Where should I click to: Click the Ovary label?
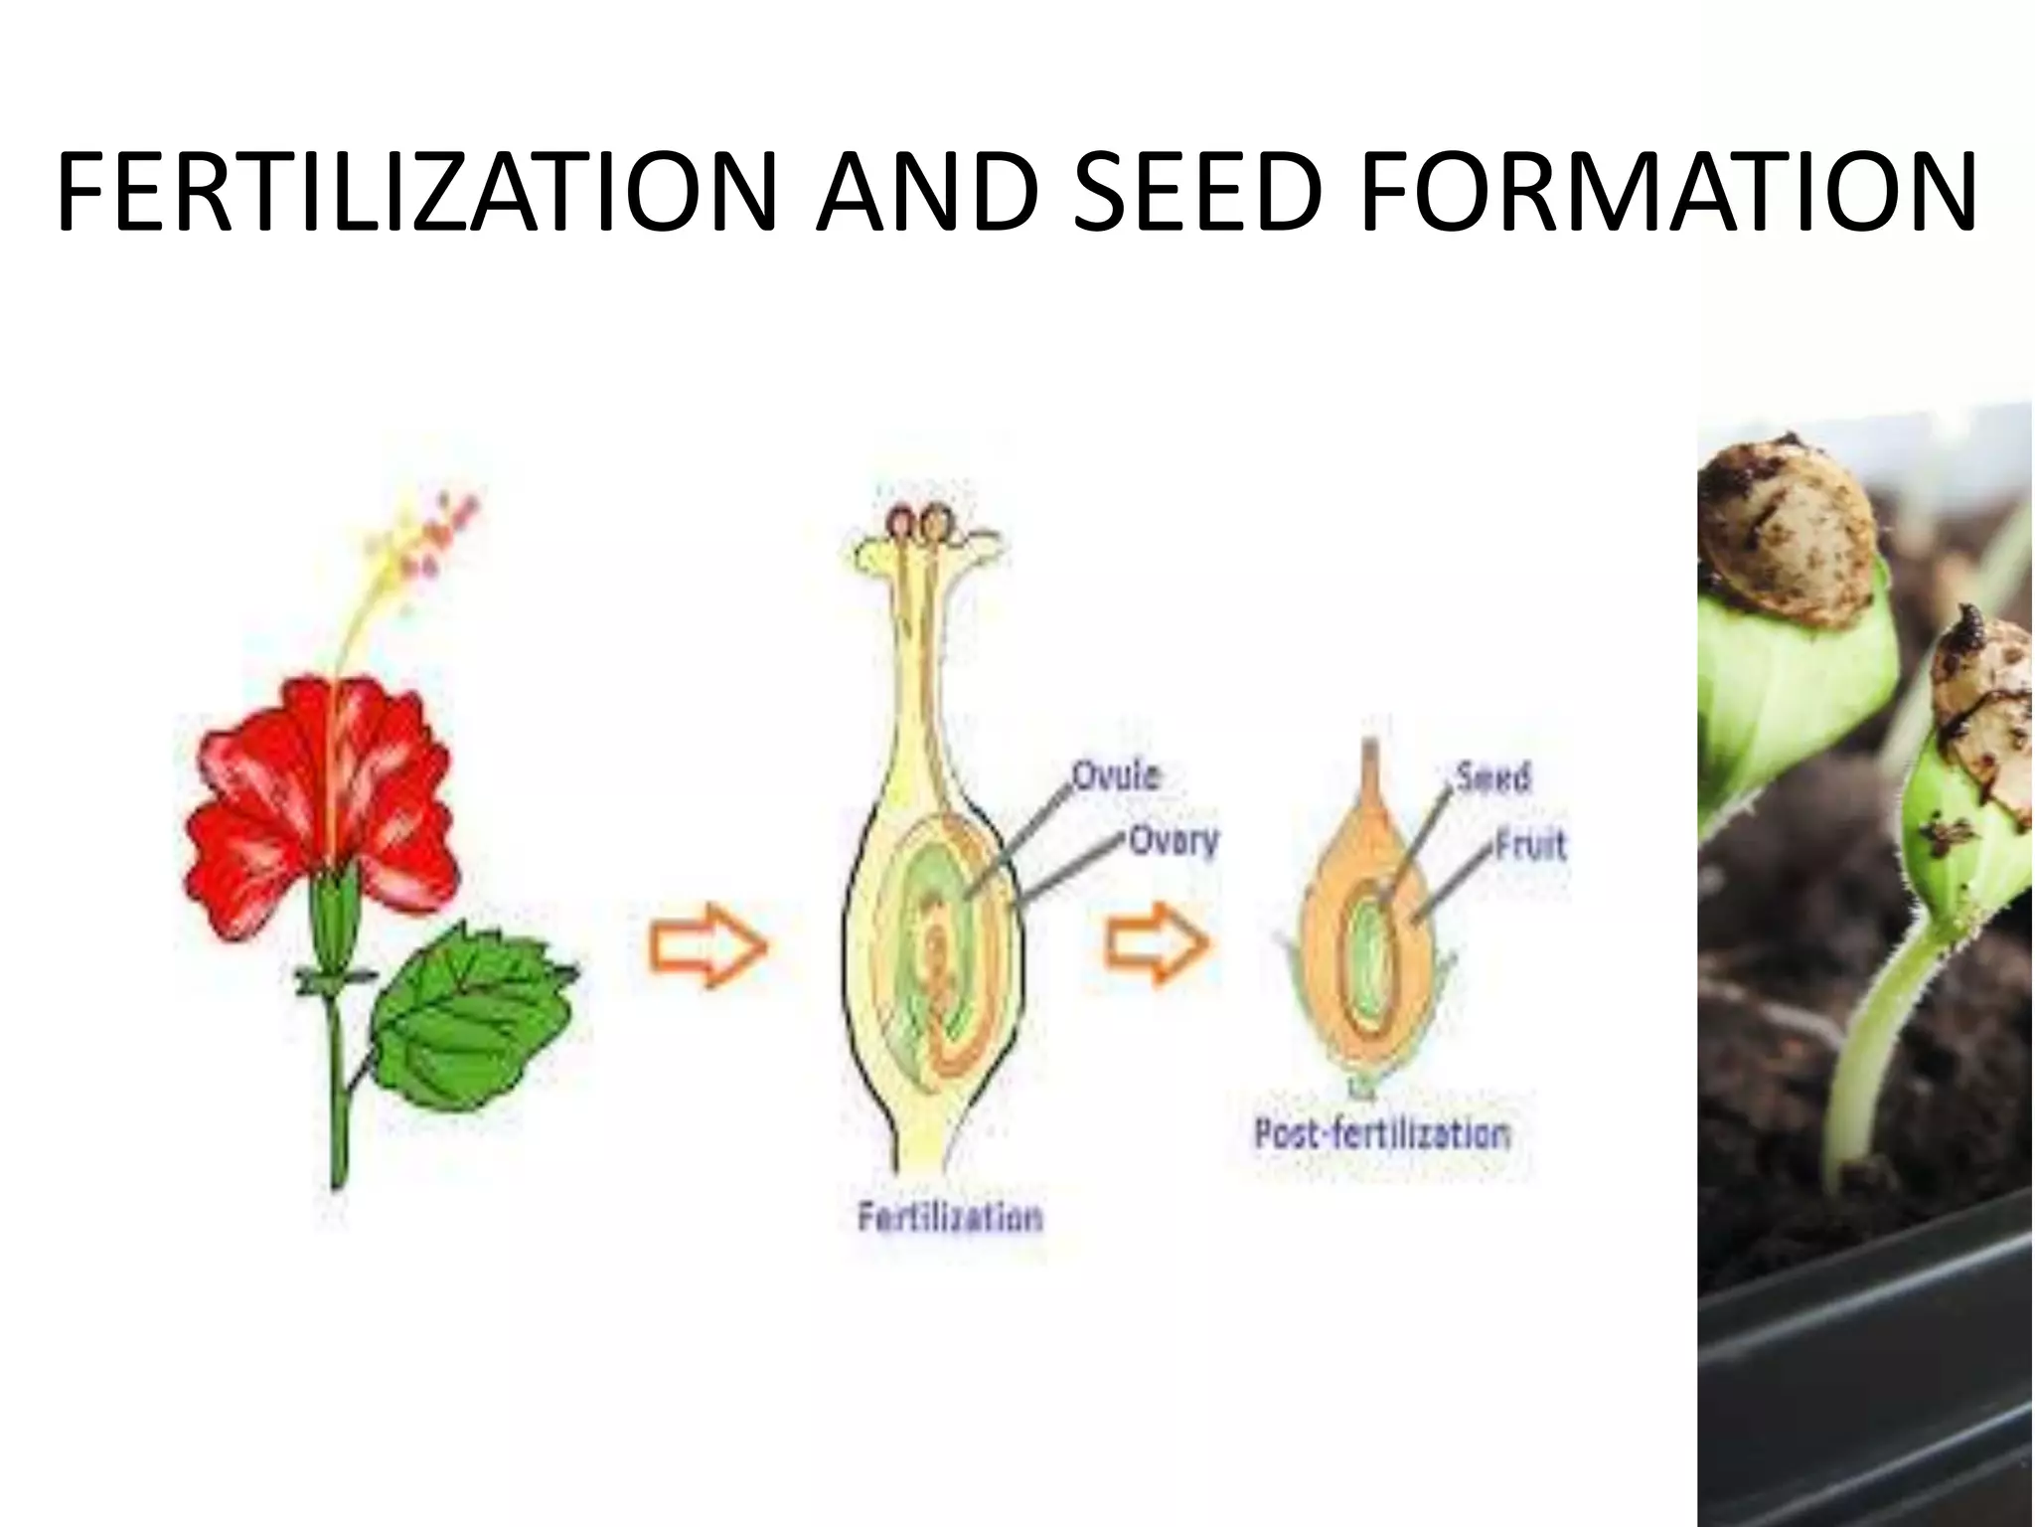point(1173,840)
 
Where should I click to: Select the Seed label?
point(1492,776)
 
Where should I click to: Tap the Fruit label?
point(1531,844)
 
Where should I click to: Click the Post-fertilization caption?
point(1381,1133)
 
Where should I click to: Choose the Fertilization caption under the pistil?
point(950,1217)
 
